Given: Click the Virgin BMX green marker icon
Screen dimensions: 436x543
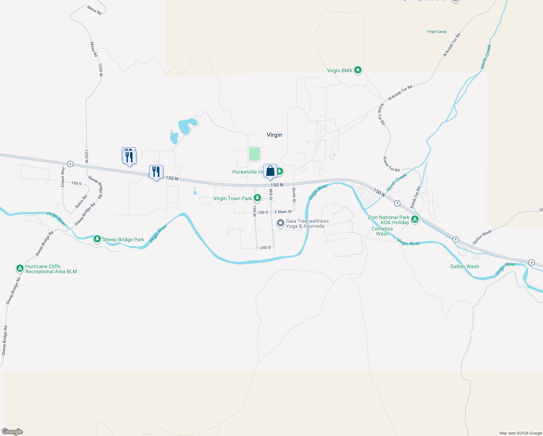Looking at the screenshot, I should [358, 70].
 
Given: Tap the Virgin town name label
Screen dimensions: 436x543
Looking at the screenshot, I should [274, 135].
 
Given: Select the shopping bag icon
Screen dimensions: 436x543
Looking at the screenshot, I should [270, 171].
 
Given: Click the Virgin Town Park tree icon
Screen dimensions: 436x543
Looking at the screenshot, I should [257, 198].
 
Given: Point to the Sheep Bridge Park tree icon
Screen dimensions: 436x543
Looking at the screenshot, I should [97, 239].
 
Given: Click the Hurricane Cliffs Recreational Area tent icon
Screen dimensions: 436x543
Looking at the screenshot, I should [20, 269].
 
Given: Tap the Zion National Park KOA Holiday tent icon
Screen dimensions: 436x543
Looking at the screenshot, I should [415, 219].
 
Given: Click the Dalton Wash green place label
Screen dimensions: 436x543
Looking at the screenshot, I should [465, 266].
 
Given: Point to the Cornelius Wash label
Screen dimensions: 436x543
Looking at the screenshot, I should [382, 231].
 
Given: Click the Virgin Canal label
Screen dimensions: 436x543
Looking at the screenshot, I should [436, 32].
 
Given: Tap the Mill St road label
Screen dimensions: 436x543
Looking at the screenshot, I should [271, 194].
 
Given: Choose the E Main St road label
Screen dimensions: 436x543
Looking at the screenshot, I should [283, 211].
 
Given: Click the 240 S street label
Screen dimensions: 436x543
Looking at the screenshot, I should [265, 247].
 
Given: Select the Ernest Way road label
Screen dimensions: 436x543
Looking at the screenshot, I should [63, 177].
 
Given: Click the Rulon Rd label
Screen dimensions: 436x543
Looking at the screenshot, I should [81, 202].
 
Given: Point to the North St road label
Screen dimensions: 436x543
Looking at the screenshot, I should [294, 195].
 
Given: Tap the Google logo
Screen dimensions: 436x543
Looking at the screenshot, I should [12, 432].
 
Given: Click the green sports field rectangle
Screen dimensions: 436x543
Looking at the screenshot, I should [254, 154].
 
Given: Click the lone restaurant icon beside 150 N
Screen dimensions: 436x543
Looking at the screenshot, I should [156, 172].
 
